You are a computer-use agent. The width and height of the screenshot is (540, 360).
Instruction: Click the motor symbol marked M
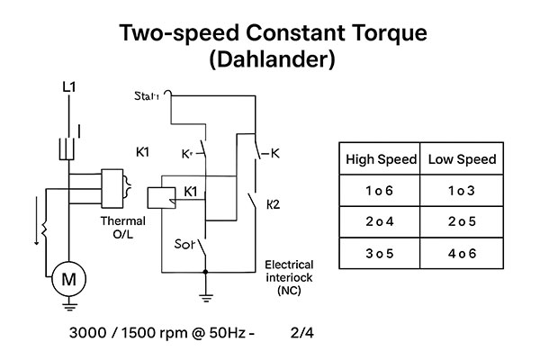coord(68,279)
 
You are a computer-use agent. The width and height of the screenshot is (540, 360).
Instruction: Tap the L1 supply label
coord(68,87)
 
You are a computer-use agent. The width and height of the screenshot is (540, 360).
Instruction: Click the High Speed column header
coord(382,159)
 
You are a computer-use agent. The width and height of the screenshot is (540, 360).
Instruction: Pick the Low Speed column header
coord(463,159)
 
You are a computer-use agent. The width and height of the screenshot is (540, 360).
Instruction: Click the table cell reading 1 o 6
coord(382,191)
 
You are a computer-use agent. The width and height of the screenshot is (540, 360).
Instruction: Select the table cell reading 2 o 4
coord(382,221)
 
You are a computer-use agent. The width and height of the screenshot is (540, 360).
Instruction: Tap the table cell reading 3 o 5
coord(382,252)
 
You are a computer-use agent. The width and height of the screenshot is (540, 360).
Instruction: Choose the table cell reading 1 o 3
coord(463,191)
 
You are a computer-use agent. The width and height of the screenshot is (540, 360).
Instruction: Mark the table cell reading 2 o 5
coord(463,221)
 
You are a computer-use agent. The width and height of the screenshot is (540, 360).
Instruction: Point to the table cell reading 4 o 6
coord(463,252)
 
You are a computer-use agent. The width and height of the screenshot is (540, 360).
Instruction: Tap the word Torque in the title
coord(378,34)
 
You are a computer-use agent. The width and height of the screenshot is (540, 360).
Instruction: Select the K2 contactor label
coord(274,204)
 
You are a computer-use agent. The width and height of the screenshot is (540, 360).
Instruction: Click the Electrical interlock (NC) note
coord(289,277)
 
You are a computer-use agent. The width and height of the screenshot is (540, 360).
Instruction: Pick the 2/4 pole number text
coord(303,333)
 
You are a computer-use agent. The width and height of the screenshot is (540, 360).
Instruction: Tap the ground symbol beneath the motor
coord(68,306)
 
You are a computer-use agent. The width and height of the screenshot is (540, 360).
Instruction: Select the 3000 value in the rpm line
coord(88,333)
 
